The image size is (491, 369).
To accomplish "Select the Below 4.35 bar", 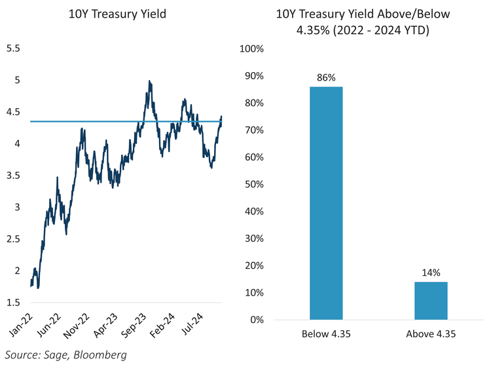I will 326,203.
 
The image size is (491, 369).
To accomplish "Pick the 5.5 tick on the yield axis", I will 14,49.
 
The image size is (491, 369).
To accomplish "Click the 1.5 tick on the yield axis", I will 14,302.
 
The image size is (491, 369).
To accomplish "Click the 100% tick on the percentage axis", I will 252,49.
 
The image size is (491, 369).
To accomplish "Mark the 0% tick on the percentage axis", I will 257,320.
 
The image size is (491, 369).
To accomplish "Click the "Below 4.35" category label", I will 326,334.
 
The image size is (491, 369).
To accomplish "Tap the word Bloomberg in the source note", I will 101,355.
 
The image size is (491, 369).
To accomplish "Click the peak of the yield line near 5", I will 150,81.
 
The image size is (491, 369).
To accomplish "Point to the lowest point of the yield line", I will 39,288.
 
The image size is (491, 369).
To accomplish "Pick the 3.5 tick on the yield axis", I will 14,176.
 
